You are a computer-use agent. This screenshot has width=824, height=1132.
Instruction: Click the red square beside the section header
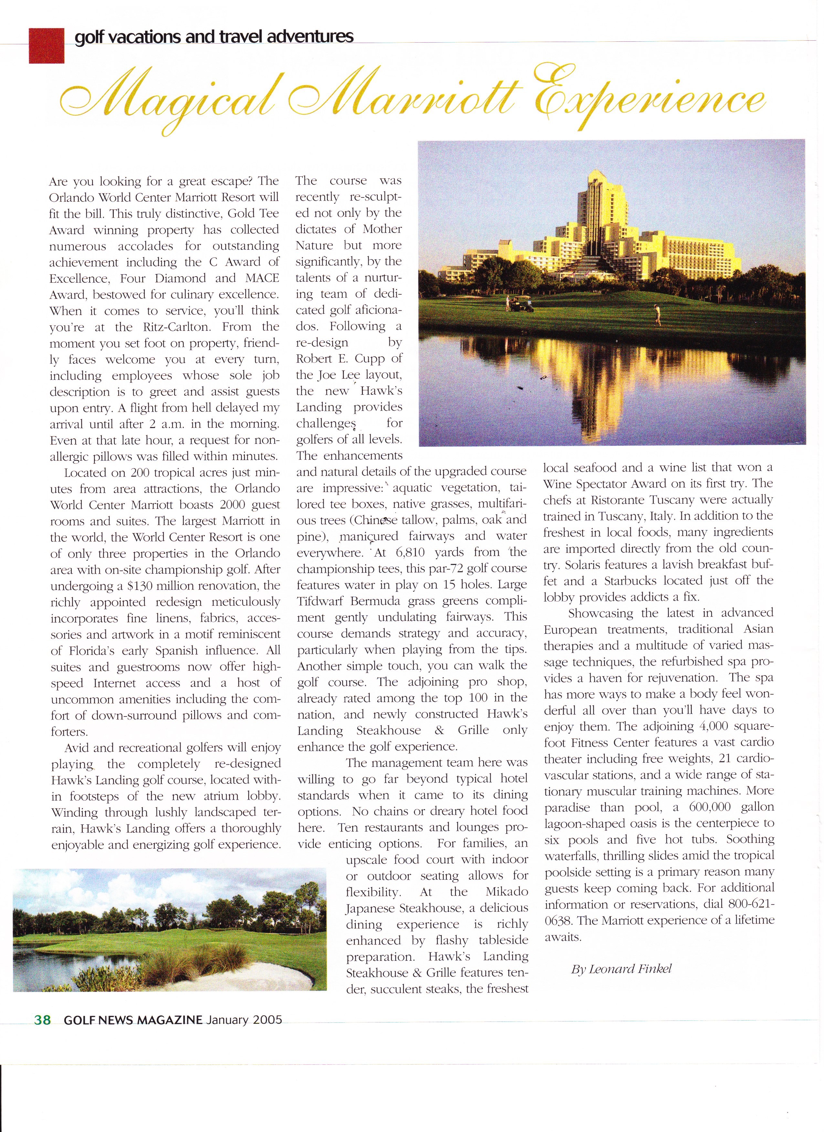pos(47,46)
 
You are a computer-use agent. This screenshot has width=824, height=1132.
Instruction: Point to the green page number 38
pos(42,1020)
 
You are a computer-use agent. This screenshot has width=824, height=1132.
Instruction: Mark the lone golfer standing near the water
pos(658,314)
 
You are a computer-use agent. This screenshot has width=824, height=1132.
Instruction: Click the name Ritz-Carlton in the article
pos(179,327)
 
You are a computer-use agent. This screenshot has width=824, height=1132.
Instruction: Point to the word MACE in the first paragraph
pos(262,278)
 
